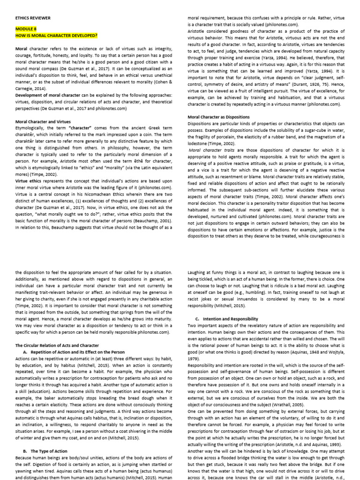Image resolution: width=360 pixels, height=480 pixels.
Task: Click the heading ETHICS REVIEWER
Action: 33,18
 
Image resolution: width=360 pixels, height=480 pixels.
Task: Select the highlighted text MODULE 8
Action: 25,29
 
